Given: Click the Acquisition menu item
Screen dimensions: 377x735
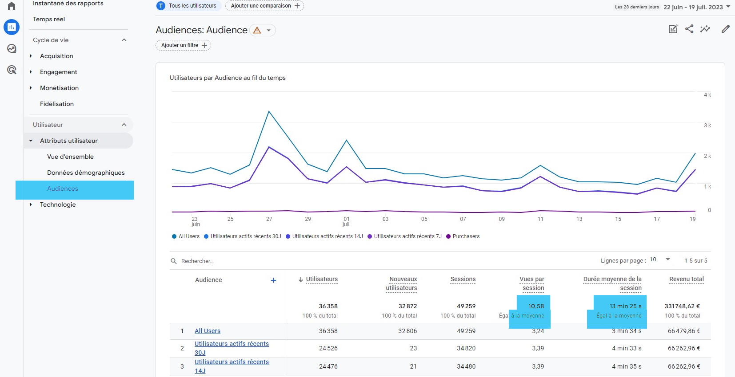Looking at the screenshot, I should [56, 56].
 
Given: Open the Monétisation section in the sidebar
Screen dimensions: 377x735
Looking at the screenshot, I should [59, 88].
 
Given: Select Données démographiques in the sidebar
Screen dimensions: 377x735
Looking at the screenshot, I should [86, 173].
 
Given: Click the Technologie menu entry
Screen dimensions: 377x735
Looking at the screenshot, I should [58, 204].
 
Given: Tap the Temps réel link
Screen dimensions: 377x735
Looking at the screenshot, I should [49, 19].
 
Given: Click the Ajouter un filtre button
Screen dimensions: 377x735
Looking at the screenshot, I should [184, 45].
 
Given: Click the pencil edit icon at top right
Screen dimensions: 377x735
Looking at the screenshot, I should [725, 29].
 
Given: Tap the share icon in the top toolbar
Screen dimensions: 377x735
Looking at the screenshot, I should [689, 29].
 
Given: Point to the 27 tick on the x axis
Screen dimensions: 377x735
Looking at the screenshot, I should [269, 219].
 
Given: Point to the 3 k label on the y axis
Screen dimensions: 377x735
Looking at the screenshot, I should [707, 126].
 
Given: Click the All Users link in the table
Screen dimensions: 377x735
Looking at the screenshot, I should [208, 331].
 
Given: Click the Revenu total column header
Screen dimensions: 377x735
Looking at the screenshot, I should [686, 279].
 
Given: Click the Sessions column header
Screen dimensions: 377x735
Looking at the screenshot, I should [463, 279].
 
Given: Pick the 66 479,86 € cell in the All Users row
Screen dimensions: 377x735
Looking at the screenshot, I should [684, 331].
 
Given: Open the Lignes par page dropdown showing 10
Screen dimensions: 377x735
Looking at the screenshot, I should [660, 259].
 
